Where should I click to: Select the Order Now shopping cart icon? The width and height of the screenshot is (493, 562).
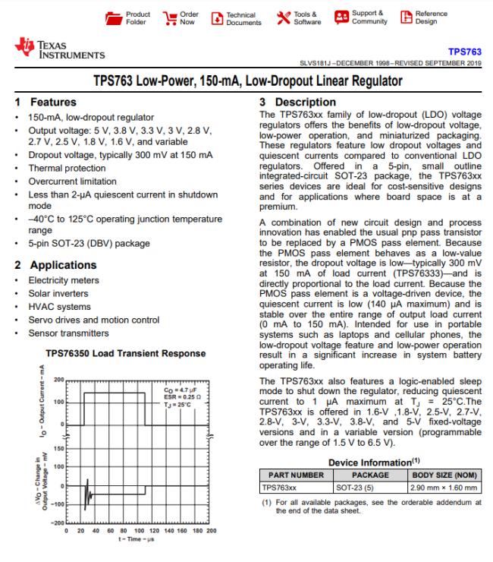coord(170,18)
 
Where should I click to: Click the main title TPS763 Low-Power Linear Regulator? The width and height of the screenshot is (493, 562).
coord(246,81)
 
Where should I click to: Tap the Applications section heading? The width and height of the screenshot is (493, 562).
coord(63,265)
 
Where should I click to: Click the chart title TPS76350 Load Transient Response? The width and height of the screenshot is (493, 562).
coord(125,353)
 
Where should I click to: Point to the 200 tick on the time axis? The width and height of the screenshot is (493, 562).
coord(211,531)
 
